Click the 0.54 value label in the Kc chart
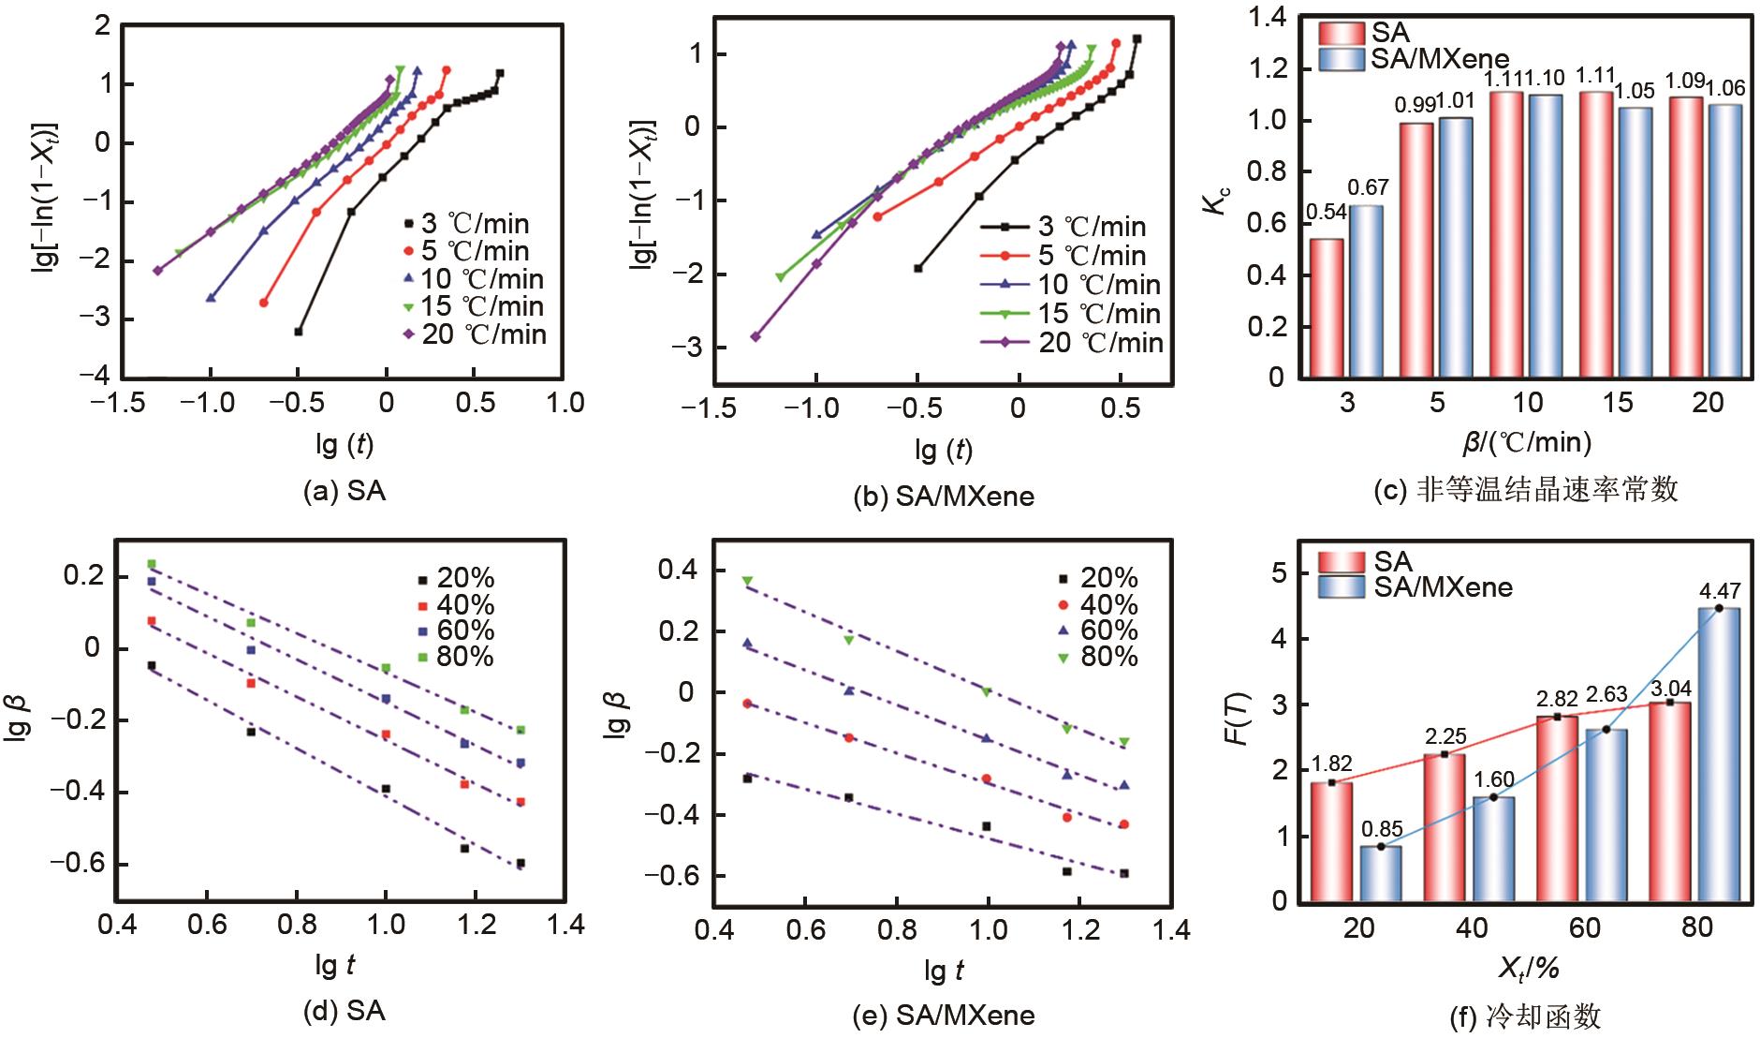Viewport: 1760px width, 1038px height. coord(1326,213)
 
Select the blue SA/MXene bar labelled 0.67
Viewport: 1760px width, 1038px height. coord(1366,290)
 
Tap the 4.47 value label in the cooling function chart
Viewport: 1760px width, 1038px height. coord(1720,591)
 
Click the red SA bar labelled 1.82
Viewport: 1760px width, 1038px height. coord(1331,841)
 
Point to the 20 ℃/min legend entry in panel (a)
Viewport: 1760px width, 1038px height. coord(474,334)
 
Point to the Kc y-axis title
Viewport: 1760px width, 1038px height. coord(1218,200)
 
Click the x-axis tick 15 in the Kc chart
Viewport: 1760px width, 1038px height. coord(1617,403)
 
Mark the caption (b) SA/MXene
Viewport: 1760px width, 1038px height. coord(946,497)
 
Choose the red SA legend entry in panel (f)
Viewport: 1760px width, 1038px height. coord(1366,561)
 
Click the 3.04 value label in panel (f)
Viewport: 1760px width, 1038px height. coord(1669,684)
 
